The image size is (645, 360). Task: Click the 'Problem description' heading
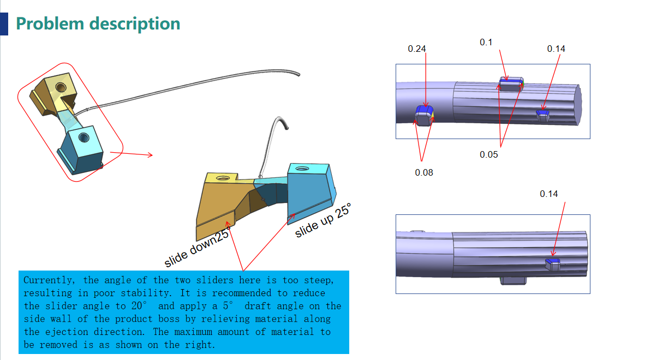(x=98, y=24)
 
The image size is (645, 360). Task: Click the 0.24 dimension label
(x=417, y=49)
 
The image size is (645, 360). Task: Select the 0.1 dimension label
(x=486, y=43)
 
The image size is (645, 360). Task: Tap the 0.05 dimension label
(x=489, y=154)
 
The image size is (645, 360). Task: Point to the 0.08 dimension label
(x=423, y=172)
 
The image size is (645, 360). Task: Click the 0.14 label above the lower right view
(x=549, y=194)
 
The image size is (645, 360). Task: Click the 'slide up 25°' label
(x=324, y=221)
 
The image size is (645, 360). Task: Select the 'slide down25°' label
(x=197, y=247)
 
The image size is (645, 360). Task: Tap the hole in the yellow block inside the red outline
(x=61, y=87)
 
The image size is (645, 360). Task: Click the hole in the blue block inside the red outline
(x=84, y=137)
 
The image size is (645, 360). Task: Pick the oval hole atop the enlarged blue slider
(x=302, y=169)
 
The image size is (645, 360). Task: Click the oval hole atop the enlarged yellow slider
(x=223, y=178)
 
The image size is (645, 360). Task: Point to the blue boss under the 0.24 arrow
(x=425, y=116)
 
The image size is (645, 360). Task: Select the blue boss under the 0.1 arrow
(x=511, y=84)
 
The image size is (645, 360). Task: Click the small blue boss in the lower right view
(x=553, y=264)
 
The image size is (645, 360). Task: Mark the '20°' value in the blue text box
(x=139, y=306)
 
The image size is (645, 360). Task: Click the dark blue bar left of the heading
(x=4, y=24)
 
